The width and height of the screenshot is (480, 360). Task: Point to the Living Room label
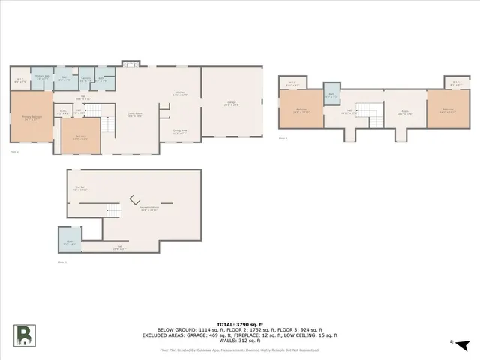tap(135, 115)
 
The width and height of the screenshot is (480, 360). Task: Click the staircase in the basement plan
tap(113, 211)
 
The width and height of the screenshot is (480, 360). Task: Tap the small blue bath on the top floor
tap(331, 95)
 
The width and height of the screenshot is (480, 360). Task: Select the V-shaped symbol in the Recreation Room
tap(134, 200)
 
